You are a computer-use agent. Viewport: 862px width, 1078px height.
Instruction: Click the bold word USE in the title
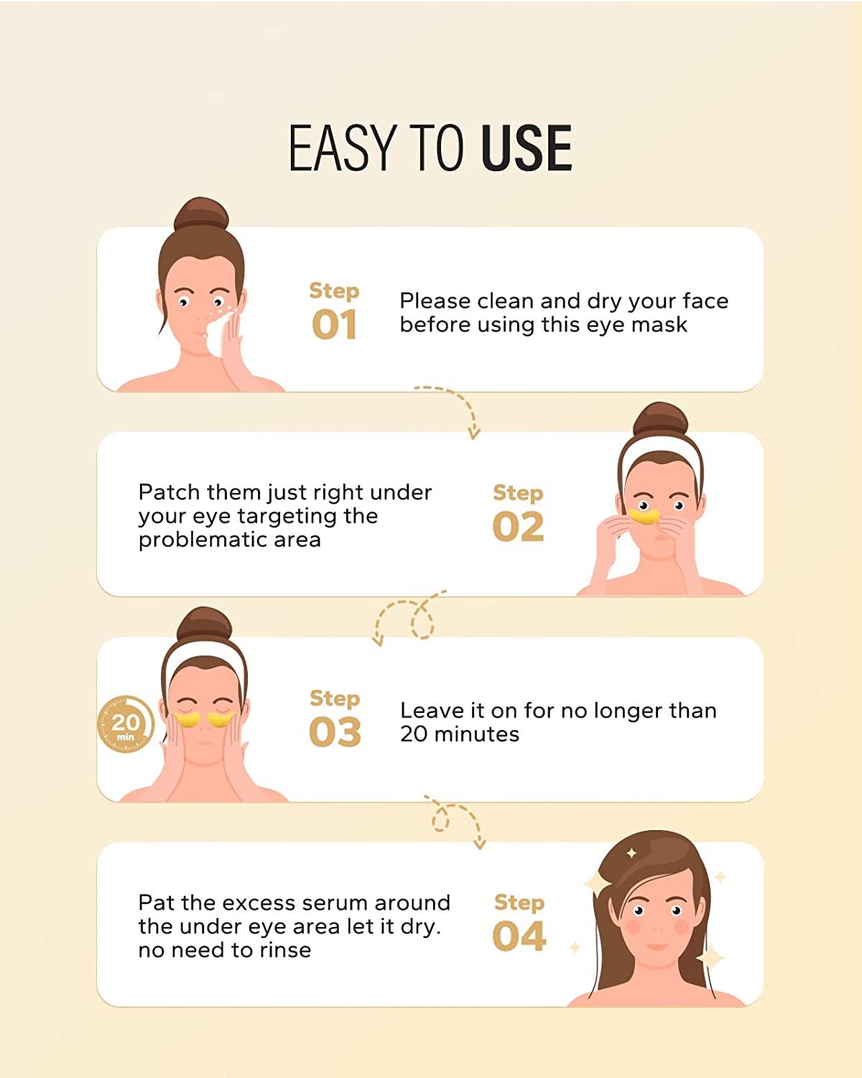point(526,148)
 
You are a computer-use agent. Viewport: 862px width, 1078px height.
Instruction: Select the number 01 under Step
point(334,325)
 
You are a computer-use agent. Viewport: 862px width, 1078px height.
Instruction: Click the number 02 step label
point(518,527)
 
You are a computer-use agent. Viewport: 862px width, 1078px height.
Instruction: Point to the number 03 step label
point(335,732)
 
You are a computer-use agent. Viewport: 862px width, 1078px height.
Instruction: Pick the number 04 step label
point(519,936)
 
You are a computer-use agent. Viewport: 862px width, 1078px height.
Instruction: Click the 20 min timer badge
point(125,724)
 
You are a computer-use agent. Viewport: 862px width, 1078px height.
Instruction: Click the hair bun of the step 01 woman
point(201,213)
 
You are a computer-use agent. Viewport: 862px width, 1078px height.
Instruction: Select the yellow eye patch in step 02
point(644,516)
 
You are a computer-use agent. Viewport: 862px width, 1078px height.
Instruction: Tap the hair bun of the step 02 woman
point(661,419)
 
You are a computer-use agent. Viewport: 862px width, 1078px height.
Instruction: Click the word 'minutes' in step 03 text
point(477,735)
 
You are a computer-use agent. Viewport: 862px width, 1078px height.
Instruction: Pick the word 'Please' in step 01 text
point(435,301)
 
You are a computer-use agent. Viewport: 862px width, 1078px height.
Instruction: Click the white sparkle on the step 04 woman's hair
point(632,853)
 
